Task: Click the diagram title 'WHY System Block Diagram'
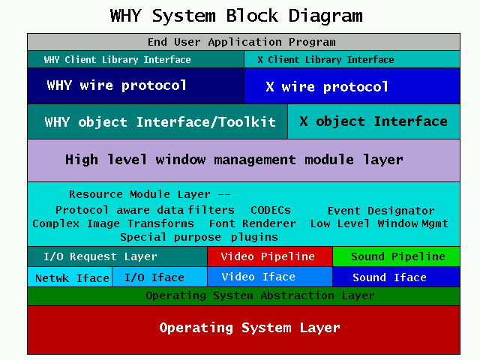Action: click(x=236, y=16)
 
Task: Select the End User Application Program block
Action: click(x=244, y=42)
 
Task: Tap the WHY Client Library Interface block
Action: click(x=136, y=59)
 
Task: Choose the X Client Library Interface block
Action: click(x=352, y=59)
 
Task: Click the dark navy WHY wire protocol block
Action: click(x=136, y=86)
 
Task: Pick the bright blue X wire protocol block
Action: click(x=352, y=86)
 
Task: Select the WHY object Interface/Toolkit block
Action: click(x=157, y=121)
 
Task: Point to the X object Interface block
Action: click(x=373, y=121)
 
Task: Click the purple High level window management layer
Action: click(x=244, y=160)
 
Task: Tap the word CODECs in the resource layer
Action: click(x=271, y=210)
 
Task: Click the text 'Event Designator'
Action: click(x=381, y=211)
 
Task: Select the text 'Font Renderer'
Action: click(x=253, y=223)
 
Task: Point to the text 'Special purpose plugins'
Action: click(x=199, y=237)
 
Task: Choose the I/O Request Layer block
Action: click(x=117, y=256)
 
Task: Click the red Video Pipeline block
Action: click(x=270, y=256)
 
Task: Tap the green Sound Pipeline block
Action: click(x=396, y=256)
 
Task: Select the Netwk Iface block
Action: click(x=70, y=277)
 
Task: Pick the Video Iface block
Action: click(x=270, y=277)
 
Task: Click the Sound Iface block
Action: click(x=396, y=277)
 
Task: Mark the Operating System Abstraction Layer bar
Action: click(x=244, y=296)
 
